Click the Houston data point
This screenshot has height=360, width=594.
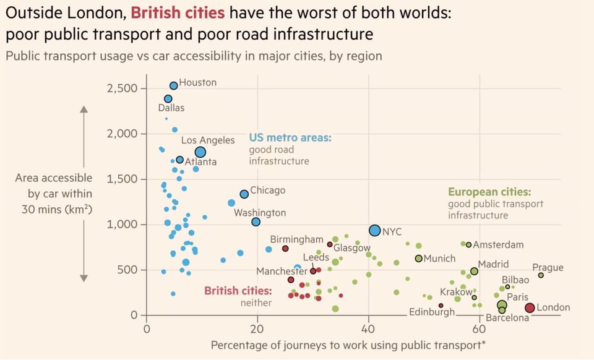click(174, 86)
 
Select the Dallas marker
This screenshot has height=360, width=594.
click(168, 99)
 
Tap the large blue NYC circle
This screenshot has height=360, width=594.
click(374, 231)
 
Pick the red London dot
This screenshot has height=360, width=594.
click(530, 308)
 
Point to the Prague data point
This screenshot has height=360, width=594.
click(541, 275)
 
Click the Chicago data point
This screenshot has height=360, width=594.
click(244, 194)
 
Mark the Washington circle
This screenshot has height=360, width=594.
click(256, 222)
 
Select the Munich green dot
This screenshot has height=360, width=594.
click(418, 259)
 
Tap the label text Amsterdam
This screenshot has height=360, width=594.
click(499, 245)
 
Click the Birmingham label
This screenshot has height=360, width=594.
click(297, 239)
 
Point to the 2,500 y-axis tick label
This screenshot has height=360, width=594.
click(123, 88)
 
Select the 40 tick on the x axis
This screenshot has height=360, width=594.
click(369, 329)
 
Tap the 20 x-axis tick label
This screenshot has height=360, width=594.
click(258, 329)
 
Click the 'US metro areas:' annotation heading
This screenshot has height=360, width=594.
click(290, 137)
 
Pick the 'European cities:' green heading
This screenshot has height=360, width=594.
click(489, 192)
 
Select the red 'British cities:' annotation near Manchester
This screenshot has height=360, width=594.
click(238, 291)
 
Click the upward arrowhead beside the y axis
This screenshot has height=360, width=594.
click(85, 111)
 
